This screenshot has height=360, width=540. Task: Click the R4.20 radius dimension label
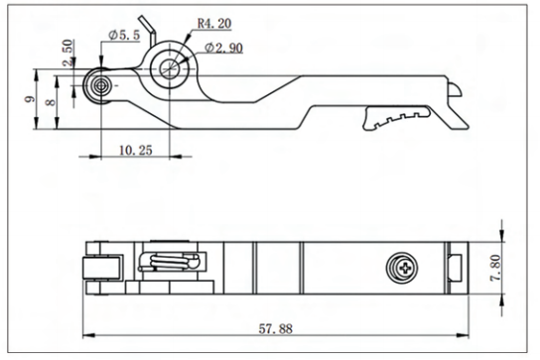(213, 24)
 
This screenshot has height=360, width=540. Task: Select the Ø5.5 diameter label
(124, 35)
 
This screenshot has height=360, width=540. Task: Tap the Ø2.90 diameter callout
(224, 48)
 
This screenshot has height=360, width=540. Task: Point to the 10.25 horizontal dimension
(135, 150)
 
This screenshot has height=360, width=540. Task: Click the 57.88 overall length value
(276, 329)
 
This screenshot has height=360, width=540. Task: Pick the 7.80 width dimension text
(496, 268)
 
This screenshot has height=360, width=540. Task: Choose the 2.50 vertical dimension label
(67, 53)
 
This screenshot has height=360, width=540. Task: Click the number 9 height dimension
(30, 99)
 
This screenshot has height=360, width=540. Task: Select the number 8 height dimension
(51, 102)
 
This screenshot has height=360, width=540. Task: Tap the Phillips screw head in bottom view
(402, 268)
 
